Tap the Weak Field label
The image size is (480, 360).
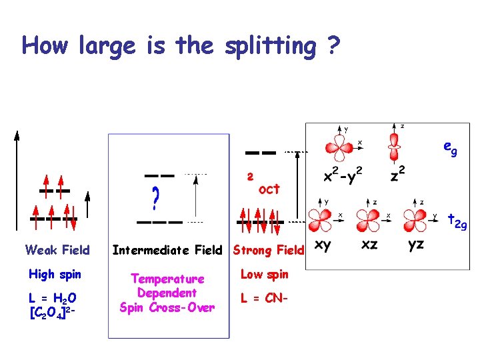point(57,250)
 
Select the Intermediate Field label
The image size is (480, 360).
point(167,250)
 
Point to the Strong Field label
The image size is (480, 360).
point(268,250)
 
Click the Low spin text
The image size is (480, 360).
point(264,274)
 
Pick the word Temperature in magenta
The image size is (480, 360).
point(167,279)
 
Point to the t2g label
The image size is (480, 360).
point(457,221)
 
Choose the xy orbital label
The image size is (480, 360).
point(323,245)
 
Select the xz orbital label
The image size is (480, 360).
point(369,245)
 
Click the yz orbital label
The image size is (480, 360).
point(415,245)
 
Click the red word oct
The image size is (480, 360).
point(269,189)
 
